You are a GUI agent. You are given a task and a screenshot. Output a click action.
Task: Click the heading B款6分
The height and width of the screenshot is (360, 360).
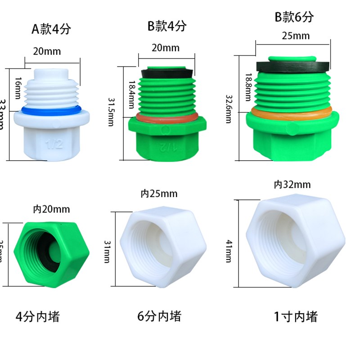tap(294, 17)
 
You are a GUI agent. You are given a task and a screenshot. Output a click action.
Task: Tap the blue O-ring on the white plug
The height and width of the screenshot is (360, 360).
tap(51, 109)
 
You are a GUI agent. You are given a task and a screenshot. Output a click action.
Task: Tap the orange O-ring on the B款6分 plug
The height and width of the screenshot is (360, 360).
tap(292, 110)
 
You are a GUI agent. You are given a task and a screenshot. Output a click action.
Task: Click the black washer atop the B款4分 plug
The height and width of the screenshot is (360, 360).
tap(168, 72)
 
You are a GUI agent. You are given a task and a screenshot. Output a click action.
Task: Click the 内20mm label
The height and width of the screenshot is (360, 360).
tap(52, 209)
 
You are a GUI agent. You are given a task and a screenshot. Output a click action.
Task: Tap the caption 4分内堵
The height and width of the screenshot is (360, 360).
tap(37, 317)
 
